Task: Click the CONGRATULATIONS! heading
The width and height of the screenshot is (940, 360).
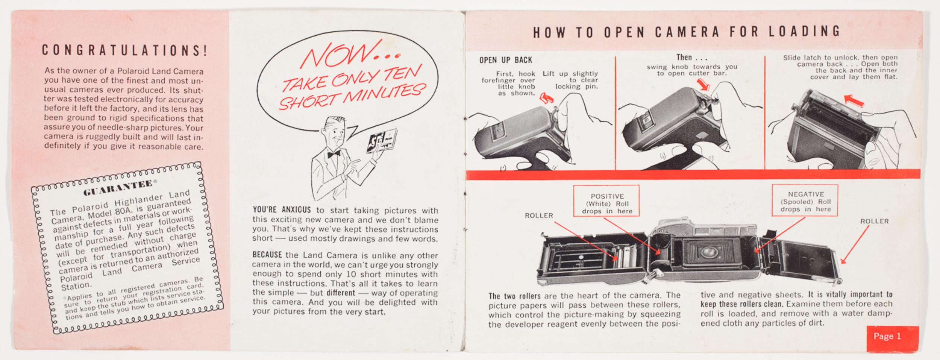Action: (x=124, y=50)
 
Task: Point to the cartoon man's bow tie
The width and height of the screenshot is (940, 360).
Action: (x=334, y=154)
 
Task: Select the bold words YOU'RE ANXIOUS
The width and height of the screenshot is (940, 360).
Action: (x=282, y=210)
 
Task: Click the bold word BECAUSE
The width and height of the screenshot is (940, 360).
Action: (x=267, y=255)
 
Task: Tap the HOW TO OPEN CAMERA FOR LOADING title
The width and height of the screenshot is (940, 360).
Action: (x=687, y=32)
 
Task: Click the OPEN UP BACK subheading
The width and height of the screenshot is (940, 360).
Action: (x=506, y=60)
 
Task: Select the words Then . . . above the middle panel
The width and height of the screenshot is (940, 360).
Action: (x=691, y=58)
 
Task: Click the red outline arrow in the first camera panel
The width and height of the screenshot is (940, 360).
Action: (x=546, y=99)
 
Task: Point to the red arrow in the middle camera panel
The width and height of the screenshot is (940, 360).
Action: (x=703, y=85)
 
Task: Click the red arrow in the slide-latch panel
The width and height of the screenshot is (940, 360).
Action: (x=854, y=100)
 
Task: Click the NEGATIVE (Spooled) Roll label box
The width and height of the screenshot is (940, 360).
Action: (x=805, y=201)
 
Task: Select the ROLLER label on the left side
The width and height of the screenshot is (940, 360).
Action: (x=539, y=216)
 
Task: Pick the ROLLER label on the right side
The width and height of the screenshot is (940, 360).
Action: (x=874, y=221)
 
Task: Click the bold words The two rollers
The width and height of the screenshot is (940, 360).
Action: (x=514, y=296)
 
